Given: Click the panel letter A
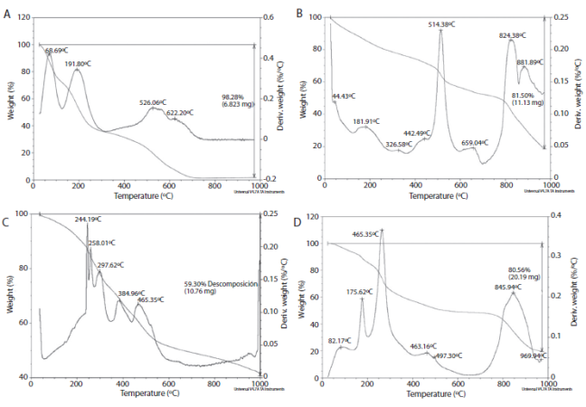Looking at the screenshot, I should point(8,14).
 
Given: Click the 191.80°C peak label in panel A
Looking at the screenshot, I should point(77,63).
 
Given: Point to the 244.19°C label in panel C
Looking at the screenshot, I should point(90,219).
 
